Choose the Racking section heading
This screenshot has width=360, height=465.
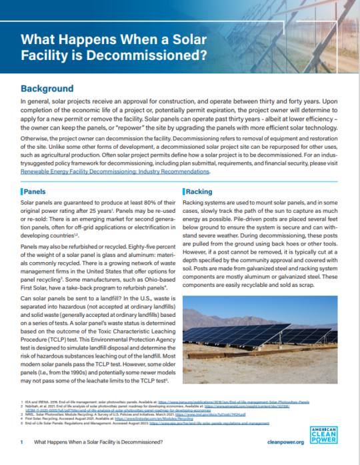pyautogui.click(x=199, y=191)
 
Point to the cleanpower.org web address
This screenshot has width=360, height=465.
pyautogui.click(x=323, y=442)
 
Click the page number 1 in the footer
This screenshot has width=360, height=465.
pyautogui.click(x=23, y=442)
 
